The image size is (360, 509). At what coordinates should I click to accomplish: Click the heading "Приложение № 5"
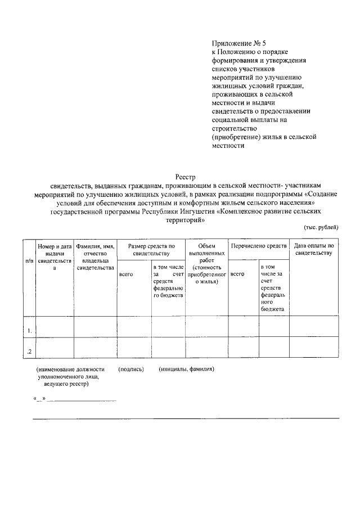pos(237,42)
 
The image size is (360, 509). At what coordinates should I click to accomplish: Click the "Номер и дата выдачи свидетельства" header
pos(55,257)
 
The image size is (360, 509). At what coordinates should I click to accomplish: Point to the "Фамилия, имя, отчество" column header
pos(95,257)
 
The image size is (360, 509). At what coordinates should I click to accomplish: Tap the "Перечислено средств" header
pos(259,246)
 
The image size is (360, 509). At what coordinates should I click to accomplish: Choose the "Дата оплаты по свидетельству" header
pos(314,249)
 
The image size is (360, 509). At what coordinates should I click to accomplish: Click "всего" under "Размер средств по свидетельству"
pos(126,274)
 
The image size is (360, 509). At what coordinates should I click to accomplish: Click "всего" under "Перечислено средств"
pos(237,274)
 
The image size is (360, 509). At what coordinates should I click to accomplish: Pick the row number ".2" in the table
pos(29,352)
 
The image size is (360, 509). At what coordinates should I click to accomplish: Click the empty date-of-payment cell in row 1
pos(314,326)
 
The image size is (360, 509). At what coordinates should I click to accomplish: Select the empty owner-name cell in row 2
pos(95,348)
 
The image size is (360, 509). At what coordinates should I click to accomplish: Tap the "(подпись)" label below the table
pos(131,370)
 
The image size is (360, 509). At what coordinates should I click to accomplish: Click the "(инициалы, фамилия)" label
pos(186,370)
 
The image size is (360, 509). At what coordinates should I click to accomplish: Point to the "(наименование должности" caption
pos(70,370)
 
